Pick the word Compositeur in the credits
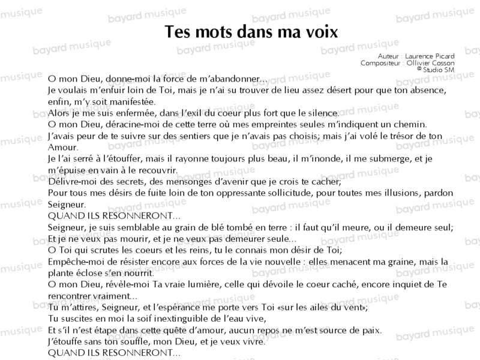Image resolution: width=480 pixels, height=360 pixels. point(380,63)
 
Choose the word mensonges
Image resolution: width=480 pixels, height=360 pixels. point(203,181)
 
